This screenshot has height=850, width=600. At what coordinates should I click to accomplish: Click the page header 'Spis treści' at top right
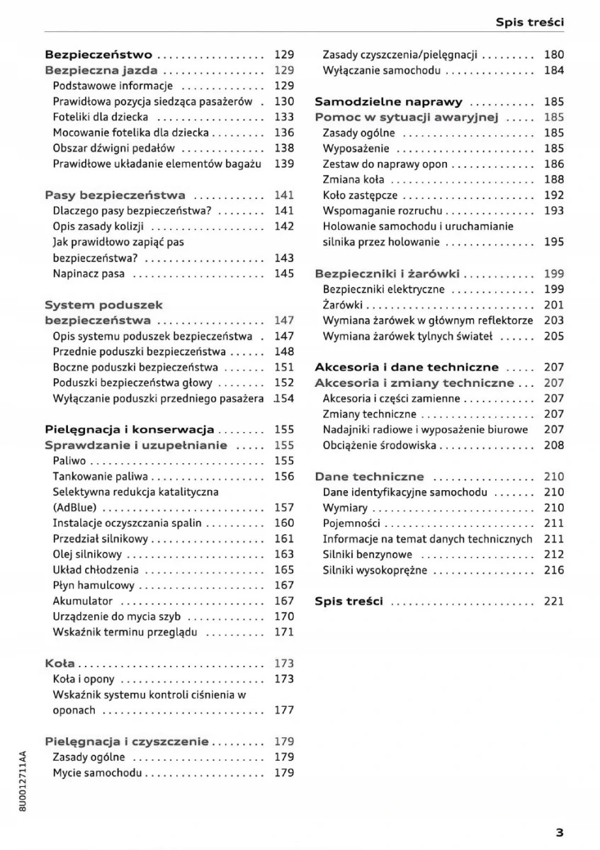530,22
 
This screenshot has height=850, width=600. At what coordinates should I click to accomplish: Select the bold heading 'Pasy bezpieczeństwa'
115,195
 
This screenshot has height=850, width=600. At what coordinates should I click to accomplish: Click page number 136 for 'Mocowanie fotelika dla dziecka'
284,132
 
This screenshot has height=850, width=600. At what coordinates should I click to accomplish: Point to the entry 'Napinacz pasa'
89,273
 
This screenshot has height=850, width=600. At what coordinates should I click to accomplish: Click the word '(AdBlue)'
74,507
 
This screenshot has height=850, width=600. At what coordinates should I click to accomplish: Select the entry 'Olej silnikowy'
87,554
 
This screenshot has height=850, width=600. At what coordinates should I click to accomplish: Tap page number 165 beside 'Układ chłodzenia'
284,569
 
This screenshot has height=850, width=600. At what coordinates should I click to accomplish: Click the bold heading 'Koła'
60,664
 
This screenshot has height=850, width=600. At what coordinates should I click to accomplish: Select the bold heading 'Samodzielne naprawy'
388,101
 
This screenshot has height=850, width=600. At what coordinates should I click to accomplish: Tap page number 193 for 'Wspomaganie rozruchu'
554,210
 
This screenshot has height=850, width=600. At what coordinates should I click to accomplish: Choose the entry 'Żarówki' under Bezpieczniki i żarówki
343,305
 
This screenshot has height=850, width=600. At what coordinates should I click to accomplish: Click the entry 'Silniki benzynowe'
367,554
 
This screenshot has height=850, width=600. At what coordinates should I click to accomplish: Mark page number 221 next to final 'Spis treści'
554,601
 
